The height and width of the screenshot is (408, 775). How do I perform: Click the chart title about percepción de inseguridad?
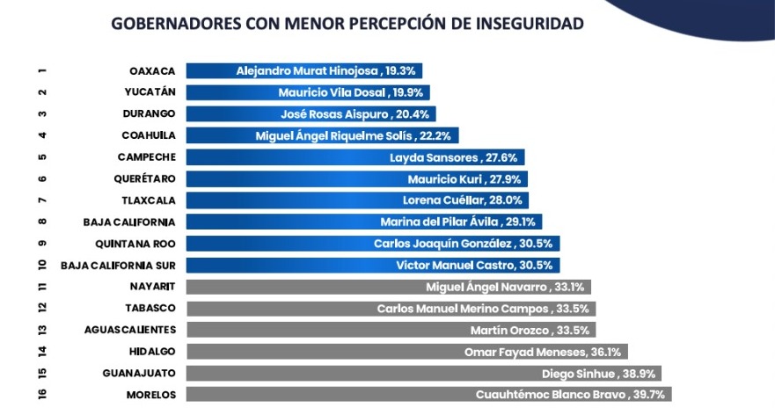click(347, 23)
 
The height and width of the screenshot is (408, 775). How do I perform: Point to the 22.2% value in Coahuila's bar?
click(436, 135)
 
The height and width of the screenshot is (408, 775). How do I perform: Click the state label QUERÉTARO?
click(146, 178)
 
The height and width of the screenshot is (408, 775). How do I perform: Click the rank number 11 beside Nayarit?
click(42, 287)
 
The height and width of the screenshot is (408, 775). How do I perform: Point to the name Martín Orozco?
click(509, 330)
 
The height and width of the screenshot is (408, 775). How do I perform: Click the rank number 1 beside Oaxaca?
click(42, 70)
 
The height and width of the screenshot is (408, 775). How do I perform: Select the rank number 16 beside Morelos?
click(42, 394)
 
